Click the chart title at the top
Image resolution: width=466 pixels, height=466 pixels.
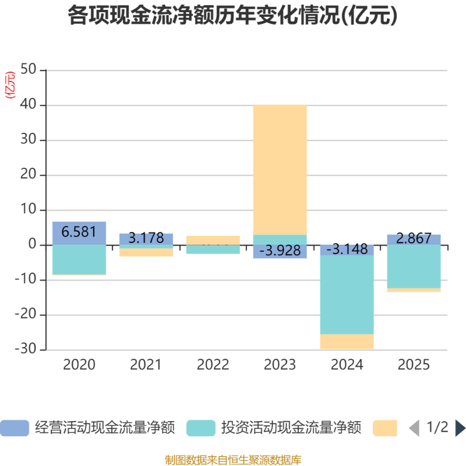(x=233, y=16)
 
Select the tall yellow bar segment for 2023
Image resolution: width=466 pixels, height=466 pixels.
(x=280, y=169)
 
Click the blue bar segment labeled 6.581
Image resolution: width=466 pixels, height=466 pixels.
(x=79, y=232)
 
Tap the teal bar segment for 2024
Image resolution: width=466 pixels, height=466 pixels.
(x=347, y=295)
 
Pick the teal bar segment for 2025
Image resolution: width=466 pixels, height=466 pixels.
(x=414, y=267)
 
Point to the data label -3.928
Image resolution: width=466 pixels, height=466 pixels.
(x=280, y=251)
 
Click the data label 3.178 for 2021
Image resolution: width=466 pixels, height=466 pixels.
(x=146, y=238)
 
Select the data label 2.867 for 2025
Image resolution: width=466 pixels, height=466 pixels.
(x=414, y=239)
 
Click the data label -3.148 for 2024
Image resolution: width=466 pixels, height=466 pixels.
(x=347, y=250)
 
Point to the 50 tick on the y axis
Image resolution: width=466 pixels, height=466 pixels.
(x=28, y=70)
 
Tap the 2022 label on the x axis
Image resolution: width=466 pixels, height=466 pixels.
(x=213, y=365)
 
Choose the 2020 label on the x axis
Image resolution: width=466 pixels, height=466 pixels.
(x=79, y=365)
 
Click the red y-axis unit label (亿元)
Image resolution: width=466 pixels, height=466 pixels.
(x=9, y=85)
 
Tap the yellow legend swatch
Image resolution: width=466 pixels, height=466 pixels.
(x=385, y=428)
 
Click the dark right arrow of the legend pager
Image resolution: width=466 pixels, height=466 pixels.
(x=460, y=428)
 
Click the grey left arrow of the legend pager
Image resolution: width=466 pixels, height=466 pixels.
(x=414, y=428)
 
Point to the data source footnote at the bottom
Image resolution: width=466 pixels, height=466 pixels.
(x=233, y=460)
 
